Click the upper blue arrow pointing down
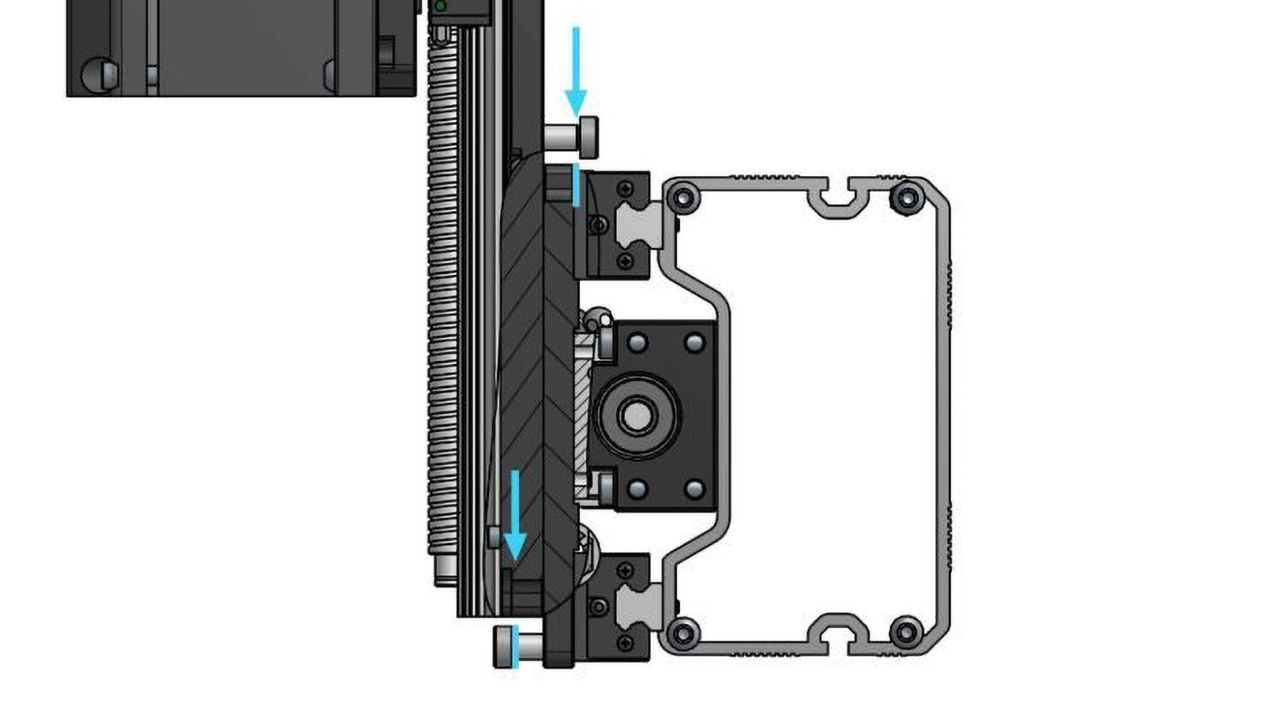pos(576,72)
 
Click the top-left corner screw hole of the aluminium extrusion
pos(683,197)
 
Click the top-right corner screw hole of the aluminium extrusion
pos(908,197)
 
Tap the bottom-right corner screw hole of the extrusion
pos(906,633)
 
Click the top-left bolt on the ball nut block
pos(637,343)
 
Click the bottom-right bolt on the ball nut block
pos(695,489)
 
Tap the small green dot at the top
pos(441,6)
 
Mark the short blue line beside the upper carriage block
pos(576,185)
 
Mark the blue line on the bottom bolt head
pos(515,648)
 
